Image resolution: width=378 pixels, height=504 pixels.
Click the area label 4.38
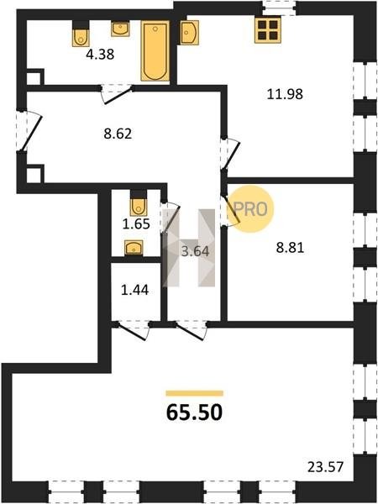(100, 55)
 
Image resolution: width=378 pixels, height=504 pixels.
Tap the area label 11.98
(285, 94)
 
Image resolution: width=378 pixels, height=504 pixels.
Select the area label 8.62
(118, 134)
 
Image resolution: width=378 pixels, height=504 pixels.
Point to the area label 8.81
(290, 248)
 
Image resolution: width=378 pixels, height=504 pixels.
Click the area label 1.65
(136, 223)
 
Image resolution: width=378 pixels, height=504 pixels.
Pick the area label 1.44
(134, 291)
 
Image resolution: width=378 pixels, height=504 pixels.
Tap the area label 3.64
(195, 251)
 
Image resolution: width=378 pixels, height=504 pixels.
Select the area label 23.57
(325, 467)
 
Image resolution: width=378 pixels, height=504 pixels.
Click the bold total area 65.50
(195, 412)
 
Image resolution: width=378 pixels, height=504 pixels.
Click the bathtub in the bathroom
(155, 50)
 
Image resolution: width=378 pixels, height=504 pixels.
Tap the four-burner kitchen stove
(267, 30)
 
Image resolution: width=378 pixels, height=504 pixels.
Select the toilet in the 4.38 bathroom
(80, 34)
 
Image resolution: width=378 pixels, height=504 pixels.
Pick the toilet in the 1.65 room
(139, 203)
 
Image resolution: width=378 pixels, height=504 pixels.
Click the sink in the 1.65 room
(134, 248)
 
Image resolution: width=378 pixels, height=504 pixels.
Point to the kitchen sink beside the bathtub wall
(189, 32)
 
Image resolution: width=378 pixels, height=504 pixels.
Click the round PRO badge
(252, 208)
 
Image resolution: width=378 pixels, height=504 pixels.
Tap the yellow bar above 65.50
(195, 393)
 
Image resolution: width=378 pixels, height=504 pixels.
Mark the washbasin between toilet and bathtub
(120, 29)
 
